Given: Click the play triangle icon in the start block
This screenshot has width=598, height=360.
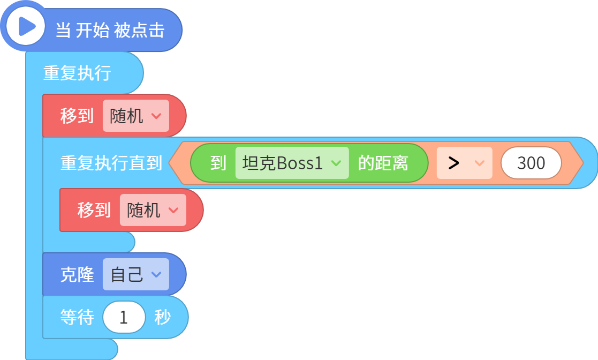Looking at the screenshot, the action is tap(27, 27).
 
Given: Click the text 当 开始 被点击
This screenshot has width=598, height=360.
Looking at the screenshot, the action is tap(110, 30).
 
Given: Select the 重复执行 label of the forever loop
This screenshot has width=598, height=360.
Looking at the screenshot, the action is tap(77, 73).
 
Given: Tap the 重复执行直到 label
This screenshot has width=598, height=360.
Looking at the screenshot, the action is tap(111, 163).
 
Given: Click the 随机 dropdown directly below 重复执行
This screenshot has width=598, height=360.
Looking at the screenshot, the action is tap(136, 116).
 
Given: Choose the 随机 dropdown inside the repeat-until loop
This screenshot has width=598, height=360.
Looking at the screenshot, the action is tap(153, 210).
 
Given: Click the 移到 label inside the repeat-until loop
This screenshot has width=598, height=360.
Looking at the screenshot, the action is tap(94, 210).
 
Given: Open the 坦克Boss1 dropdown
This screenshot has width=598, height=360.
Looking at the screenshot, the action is tap(292, 163).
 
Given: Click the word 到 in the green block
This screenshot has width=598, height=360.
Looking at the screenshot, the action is tap(218, 163).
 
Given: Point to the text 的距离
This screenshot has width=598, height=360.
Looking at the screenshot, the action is tap(383, 163).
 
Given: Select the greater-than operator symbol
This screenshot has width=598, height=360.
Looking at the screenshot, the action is tap(453, 163).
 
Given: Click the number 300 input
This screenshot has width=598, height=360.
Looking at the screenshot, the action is tap(531, 163).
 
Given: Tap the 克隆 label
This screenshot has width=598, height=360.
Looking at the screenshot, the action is tap(77, 274).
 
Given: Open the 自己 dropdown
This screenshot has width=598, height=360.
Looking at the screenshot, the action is tap(136, 274).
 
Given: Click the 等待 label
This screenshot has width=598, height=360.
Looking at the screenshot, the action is tap(77, 317).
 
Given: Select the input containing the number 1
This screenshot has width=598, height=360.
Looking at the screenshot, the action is tap(124, 317).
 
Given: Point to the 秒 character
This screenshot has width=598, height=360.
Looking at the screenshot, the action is tap(162, 317).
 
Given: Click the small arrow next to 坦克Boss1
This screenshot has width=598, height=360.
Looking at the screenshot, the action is tap(336, 163).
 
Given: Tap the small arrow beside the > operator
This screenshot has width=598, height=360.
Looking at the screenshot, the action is tap(479, 163).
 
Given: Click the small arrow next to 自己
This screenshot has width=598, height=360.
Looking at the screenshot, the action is tap(156, 274).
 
